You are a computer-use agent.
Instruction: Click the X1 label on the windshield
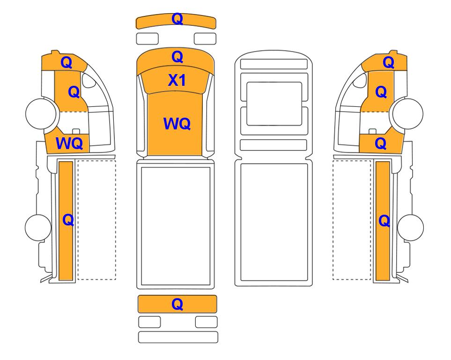[177, 80]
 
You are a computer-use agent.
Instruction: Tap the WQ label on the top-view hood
[177, 124]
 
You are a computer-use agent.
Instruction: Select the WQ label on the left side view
[69, 143]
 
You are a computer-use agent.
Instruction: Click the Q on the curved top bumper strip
[177, 19]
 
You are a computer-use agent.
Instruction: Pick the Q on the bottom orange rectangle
[177, 304]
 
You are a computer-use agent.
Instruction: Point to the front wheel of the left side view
[41, 113]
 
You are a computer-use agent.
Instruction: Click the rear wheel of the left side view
[38, 227]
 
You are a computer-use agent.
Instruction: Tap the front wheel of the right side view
[408, 113]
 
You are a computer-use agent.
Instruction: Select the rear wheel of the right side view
[410, 227]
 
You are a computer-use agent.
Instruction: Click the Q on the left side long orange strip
[68, 220]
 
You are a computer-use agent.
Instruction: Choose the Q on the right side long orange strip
[384, 221]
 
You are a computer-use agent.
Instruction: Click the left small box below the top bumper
[147, 38]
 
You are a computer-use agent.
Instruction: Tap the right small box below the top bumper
[205, 38]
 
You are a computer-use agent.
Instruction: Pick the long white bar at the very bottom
[178, 337]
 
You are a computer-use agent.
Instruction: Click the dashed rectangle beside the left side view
[97, 220]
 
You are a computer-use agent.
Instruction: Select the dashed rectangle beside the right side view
[352, 220]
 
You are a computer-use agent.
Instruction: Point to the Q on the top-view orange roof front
[177, 57]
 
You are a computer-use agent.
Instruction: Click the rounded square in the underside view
[274, 104]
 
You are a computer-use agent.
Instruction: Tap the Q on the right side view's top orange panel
[389, 62]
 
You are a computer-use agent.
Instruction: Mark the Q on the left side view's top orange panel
[67, 62]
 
